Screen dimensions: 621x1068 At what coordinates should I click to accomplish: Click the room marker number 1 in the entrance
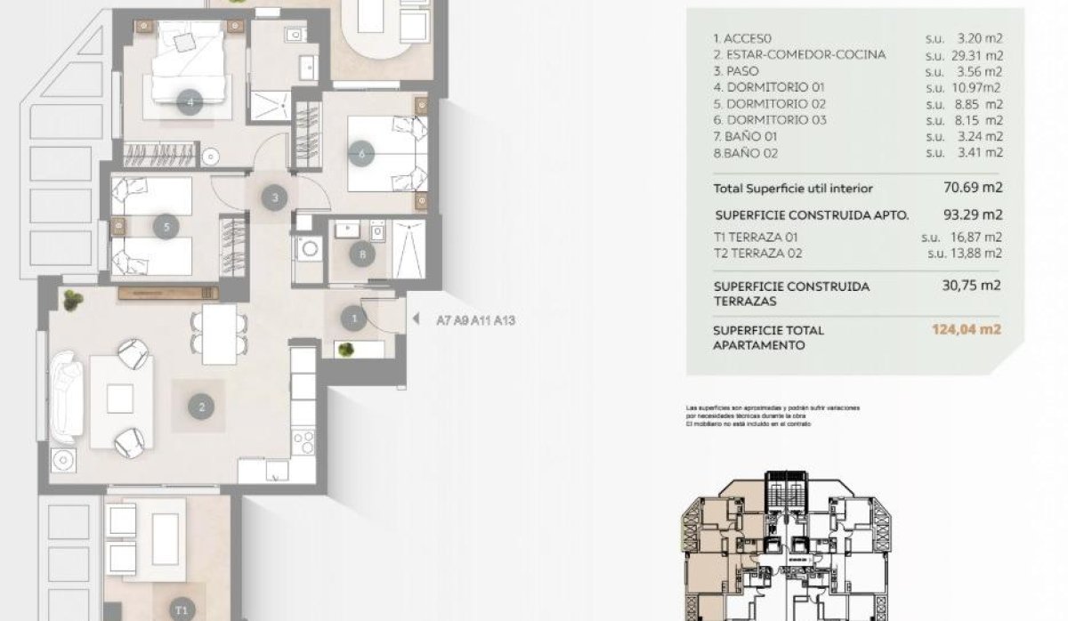click(354, 318)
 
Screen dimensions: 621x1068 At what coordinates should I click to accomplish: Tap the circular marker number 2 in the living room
click(201, 407)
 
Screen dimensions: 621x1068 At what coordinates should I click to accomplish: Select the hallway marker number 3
click(275, 198)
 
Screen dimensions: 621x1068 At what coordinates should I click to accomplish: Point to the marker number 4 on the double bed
click(190, 102)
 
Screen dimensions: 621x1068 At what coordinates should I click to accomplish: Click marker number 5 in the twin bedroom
click(166, 227)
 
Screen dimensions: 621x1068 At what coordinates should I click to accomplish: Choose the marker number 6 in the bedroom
click(360, 154)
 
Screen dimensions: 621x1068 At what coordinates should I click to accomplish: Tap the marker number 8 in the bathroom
click(362, 255)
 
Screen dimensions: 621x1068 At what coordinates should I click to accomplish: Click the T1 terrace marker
click(182, 609)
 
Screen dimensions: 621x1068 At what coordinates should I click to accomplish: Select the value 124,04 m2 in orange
click(967, 329)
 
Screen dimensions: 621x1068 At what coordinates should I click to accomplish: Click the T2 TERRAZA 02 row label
click(758, 253)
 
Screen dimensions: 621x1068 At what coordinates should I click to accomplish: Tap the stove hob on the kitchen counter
click(303, 440)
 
